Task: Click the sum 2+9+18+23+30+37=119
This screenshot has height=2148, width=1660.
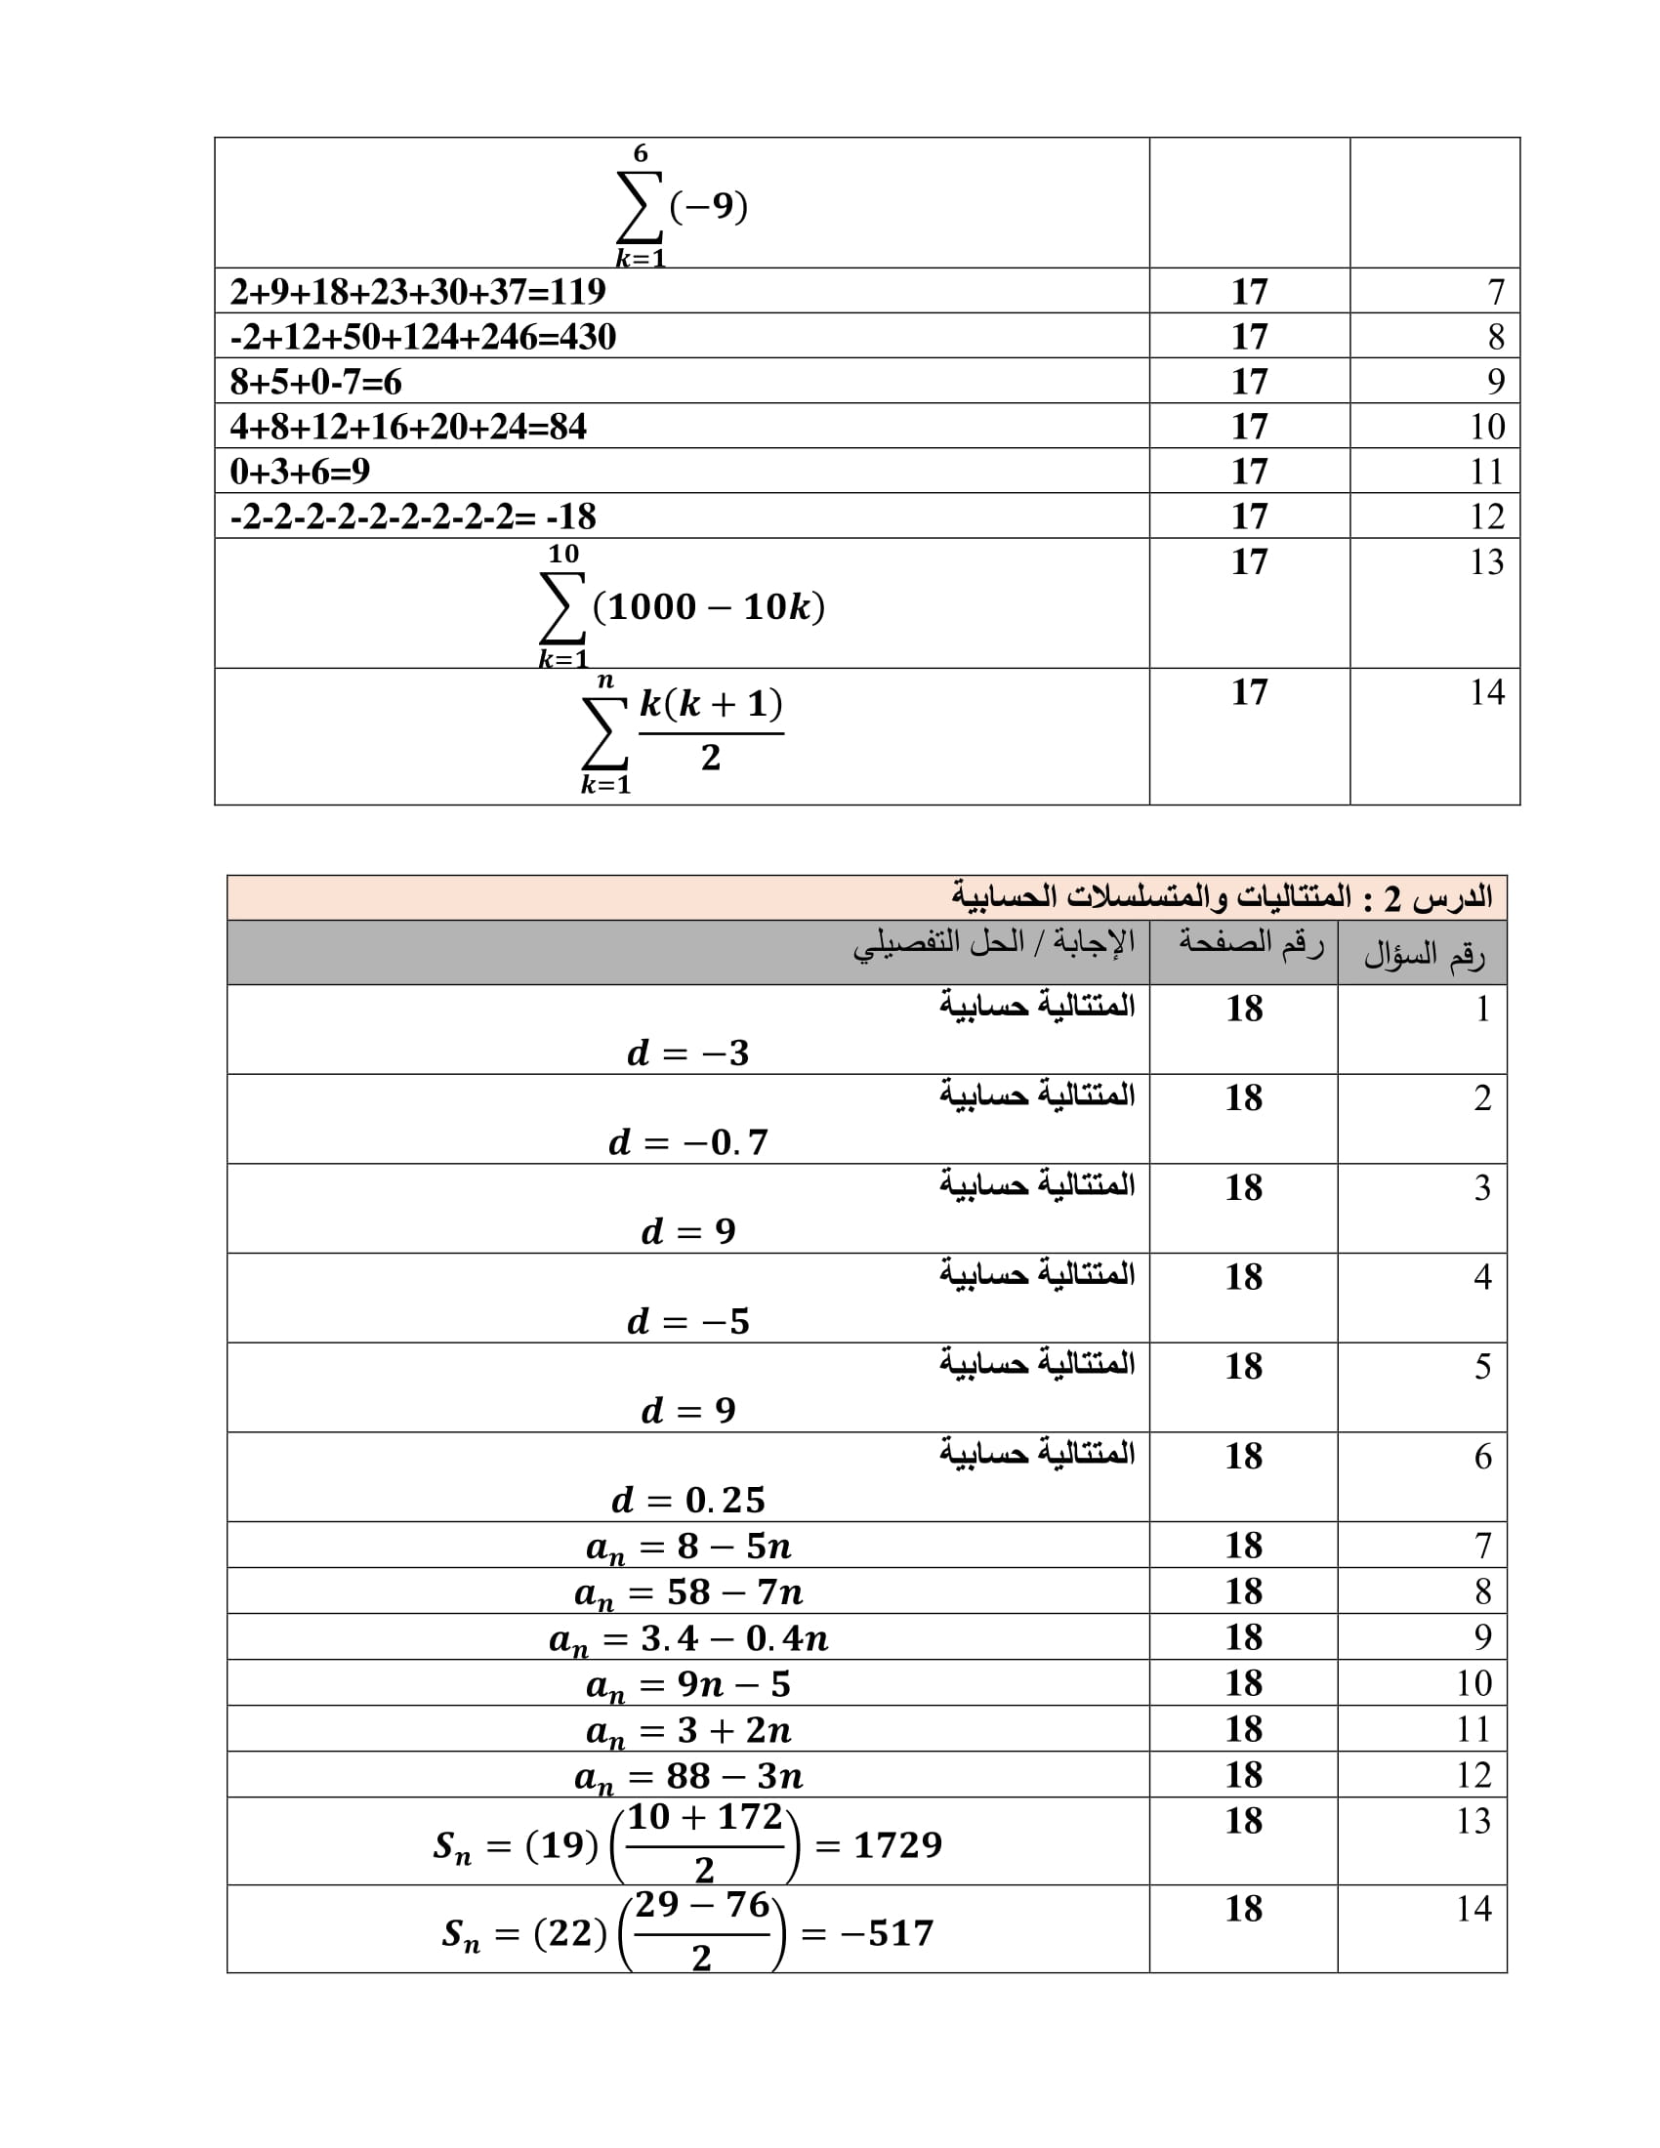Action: pyautogui.click(x=418, y=291)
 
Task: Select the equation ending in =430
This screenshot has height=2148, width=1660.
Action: pyautogui.click(x=423, y=337)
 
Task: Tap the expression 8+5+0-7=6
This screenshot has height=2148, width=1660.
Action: pyautogui.click(x=315, y=382)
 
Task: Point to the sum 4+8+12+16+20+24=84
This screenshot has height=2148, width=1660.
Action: pyautogui.click(x=408, y=427)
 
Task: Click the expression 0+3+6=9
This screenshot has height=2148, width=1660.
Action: pyautogui.click(x=300, y=473)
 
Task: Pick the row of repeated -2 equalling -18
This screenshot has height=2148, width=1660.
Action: pyautogui.click(x=413, y=516)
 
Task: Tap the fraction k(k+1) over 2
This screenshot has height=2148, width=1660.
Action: pyautogui.click(x=711, y=730)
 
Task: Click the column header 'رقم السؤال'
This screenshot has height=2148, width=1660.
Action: pyautogui.click(x=1423, y=954)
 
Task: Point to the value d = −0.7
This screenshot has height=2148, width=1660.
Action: pyautogui.click(x=688, y=1142)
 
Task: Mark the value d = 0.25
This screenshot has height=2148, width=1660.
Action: pyautogui.click(x=688, y=1500)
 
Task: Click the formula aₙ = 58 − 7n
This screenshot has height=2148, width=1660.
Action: pyautogui.click(x=688, y=1592)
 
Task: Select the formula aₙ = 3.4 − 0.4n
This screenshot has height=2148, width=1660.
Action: pyautogui.click(x=688, y=1638)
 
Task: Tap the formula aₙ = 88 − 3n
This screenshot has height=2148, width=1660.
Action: pyautogui.click(x=688, y=1776)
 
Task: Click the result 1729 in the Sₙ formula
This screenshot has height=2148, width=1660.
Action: pyautogui.click(x=896, y=1845)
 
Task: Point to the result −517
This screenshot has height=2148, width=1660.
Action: pyautogui.click(x=887, y=1933)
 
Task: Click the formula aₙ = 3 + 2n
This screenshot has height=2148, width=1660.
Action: pyautogui.click(x=688, y=1731)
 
